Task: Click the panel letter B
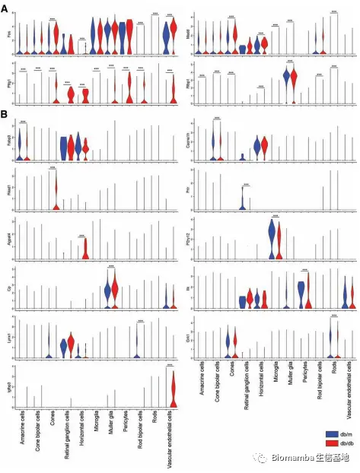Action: tap(5, 114)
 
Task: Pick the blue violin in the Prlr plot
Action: tap(242, 200)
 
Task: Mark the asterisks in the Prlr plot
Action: tap(246, 184)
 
